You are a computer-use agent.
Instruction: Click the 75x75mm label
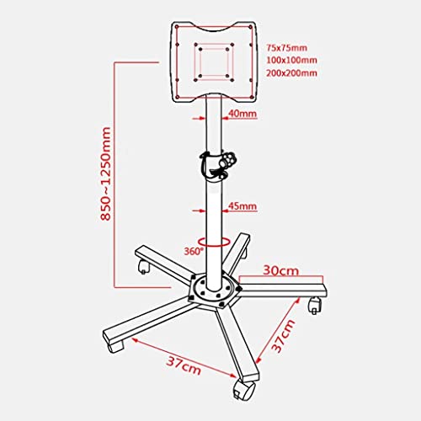click(x=286, y=48)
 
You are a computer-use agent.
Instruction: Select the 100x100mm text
click(x=291, y=60)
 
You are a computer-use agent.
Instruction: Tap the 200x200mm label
click(x=291, y=73)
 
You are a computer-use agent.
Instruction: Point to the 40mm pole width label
click(x=242, y=114)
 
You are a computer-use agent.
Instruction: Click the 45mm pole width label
click(x=242, y=206)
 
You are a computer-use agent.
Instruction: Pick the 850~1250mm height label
click(x=106, y=173)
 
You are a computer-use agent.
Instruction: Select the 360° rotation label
click(x=194, y=251)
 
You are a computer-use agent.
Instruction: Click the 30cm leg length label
click(x=281, y=270)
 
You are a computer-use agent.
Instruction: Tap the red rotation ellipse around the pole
click(x=214, y=246)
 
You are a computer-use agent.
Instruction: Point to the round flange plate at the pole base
click(x=215, y=290)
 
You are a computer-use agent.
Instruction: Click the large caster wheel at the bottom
click(x=244, y=390)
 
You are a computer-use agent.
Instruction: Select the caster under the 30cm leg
click(x=315, y=305)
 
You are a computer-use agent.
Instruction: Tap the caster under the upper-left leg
click(x=144, y=268)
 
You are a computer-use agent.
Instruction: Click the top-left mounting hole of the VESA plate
click(x=177, y=27)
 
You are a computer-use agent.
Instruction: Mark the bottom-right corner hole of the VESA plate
click(x=252, y=97)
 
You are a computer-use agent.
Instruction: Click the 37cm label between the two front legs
click(x=184, y=365)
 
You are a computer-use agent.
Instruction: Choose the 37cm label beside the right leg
click(x=284, y=336)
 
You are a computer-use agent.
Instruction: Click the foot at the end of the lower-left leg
click(x=115, y=347)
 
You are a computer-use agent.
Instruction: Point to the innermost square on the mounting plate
click(x=214, y=62)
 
